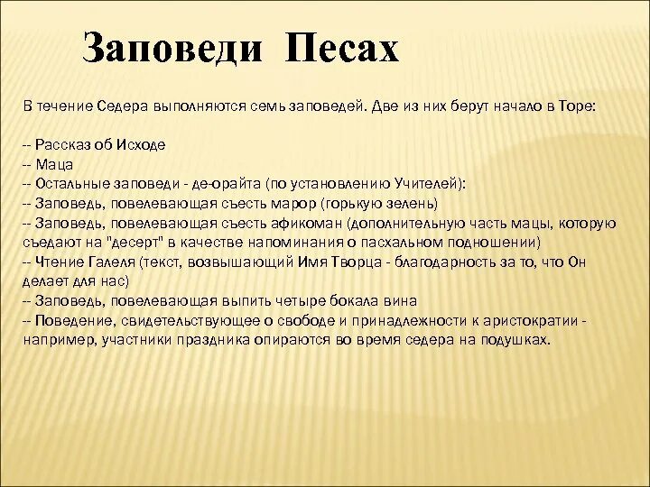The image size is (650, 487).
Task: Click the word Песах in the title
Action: [342, 50]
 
